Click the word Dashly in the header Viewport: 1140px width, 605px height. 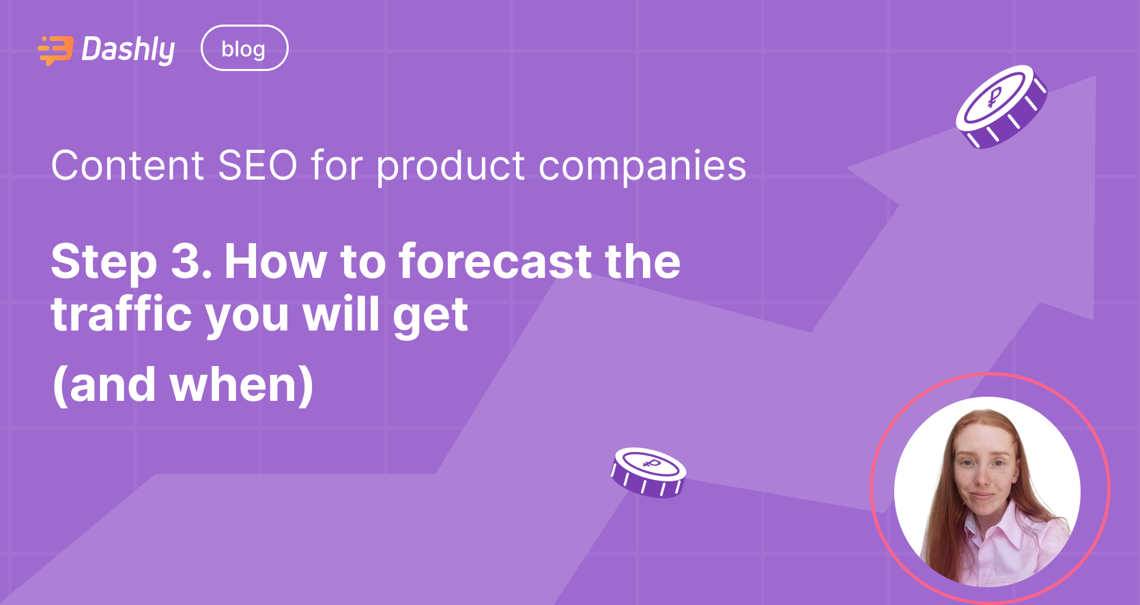[128, 50]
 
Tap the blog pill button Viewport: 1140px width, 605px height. [244, 48]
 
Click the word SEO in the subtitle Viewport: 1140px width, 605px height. [257, 166]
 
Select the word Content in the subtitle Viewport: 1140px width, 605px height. [128, 166]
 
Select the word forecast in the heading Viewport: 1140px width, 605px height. [496, 261]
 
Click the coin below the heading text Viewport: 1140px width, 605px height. [648, 472]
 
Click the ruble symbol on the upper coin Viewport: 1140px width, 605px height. [995, 98]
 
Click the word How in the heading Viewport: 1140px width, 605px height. [276, 261]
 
